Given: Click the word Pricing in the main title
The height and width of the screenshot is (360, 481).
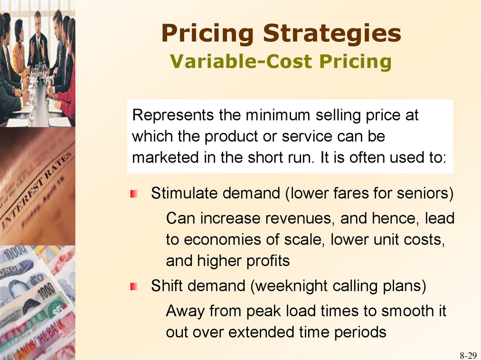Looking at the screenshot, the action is click(207, 34).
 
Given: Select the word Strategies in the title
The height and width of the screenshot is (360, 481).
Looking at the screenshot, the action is click(332, 33).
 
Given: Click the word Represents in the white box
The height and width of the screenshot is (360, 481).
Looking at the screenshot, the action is click(173, 115).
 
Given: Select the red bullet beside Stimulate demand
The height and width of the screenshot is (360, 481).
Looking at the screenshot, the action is click(133, 194).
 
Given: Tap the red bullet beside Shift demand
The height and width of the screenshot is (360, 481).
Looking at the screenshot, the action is click(133, 287).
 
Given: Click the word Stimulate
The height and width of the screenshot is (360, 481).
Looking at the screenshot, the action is click(184, 193).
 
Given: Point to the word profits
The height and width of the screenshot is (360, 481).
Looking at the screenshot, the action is click(268, 261).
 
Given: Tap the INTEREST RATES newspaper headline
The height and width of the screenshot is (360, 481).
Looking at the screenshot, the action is click(36, 191).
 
